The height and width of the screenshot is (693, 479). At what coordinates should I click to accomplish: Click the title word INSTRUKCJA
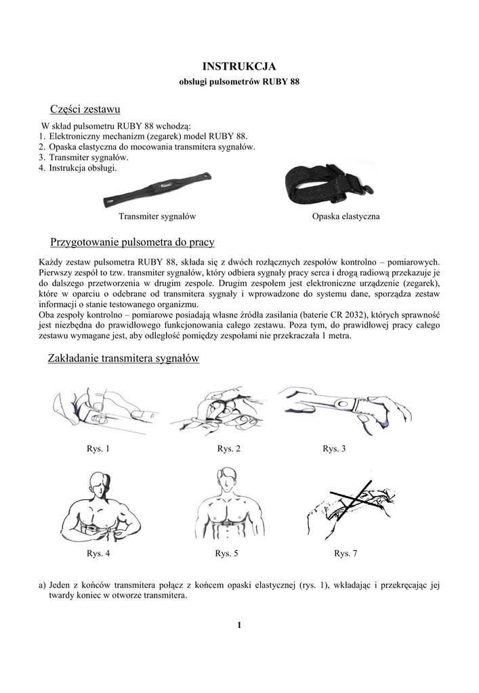coord(239,66)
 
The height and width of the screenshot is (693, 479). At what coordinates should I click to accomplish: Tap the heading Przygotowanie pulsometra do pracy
coord(133,242)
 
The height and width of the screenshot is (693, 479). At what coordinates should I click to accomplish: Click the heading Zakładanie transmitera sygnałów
coord(125,359)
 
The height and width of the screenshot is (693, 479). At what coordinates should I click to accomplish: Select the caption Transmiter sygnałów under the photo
coord(157,217)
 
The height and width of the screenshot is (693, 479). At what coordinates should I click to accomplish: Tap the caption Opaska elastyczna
coord(346,217)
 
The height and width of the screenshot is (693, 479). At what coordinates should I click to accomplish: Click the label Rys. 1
coord(98,449)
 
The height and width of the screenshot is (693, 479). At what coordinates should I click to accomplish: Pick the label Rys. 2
coord(228,449)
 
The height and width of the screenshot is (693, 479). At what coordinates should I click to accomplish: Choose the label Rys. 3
coord(334,449)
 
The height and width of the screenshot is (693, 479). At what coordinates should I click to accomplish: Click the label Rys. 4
coord(98,554)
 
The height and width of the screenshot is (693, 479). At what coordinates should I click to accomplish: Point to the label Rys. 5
coord(226,554)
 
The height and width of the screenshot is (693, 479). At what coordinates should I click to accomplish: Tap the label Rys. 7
coord(346,554)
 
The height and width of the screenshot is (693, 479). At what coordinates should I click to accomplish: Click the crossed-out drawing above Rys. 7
coord(352,508)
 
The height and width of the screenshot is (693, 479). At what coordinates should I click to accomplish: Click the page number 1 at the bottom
coord(239,625)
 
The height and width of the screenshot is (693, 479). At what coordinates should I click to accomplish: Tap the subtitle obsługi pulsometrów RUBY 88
coord(239,82)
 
